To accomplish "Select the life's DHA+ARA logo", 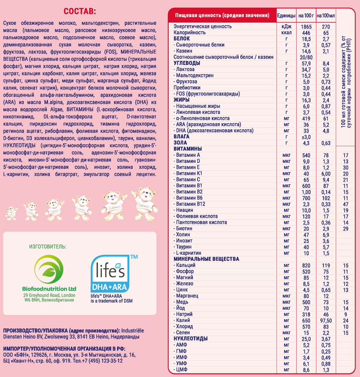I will (110, 276).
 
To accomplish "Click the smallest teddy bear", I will (11, 213).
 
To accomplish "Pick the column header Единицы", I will (286, 15).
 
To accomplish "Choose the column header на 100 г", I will (306, 15).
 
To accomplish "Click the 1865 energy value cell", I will (306, 27).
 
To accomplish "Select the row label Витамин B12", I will (190, 204).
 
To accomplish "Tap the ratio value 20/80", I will (306, 57).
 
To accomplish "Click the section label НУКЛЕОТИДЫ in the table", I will (191, 339).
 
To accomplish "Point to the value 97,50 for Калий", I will (326, 320).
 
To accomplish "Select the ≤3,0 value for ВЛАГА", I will (306, 137).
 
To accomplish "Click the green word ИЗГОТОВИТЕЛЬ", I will (47, 247).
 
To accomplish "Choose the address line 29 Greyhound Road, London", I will (49, 295).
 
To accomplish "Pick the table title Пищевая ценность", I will (222, 15).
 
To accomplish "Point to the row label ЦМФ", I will (182, 369).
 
